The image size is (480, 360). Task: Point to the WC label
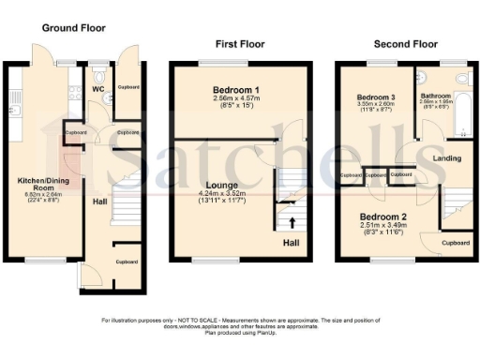pos(97,90)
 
